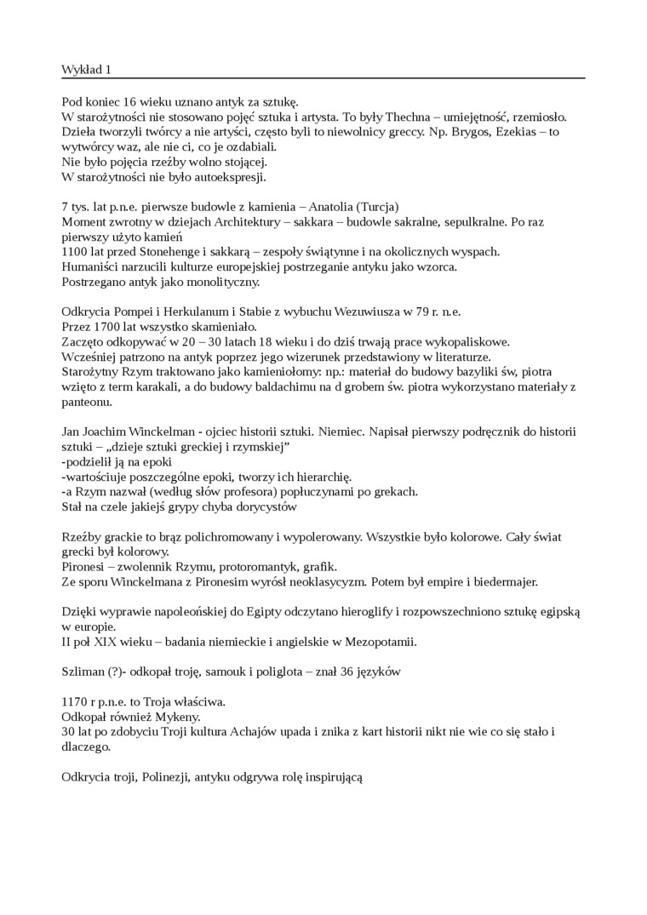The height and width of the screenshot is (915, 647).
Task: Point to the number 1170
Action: coord(77,701)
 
